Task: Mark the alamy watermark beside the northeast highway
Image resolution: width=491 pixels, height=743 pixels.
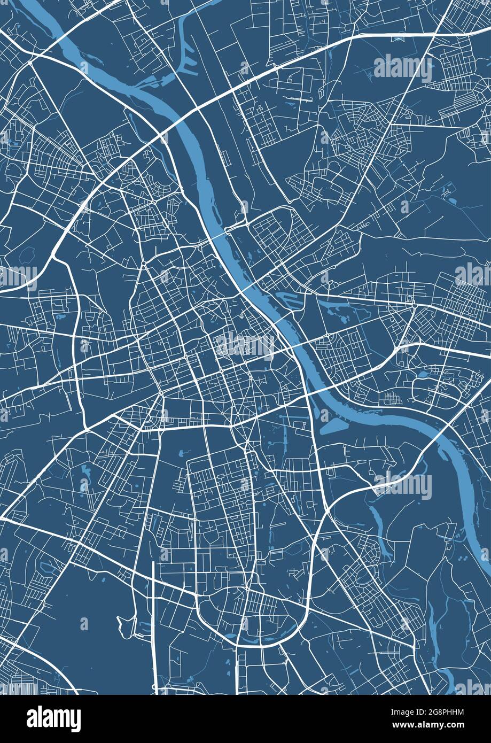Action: (x=403, y=68)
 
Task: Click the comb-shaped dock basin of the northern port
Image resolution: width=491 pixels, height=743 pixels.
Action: (x=187, y=59)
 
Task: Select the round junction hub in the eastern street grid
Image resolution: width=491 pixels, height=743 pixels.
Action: (x=414, y=306)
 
